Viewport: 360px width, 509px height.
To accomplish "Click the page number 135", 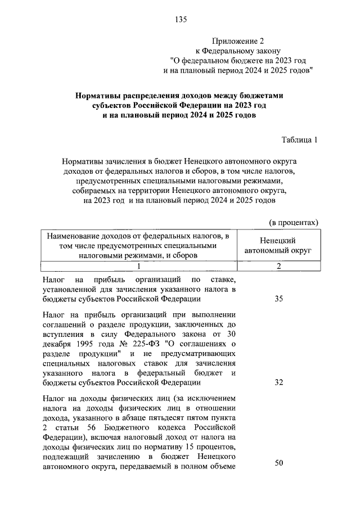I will point(180,20).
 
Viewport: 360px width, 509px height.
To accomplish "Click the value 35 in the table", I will point(278,299).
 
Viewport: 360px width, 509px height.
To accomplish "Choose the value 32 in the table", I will point(278,383).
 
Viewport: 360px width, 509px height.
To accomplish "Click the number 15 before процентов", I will point(191,447).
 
